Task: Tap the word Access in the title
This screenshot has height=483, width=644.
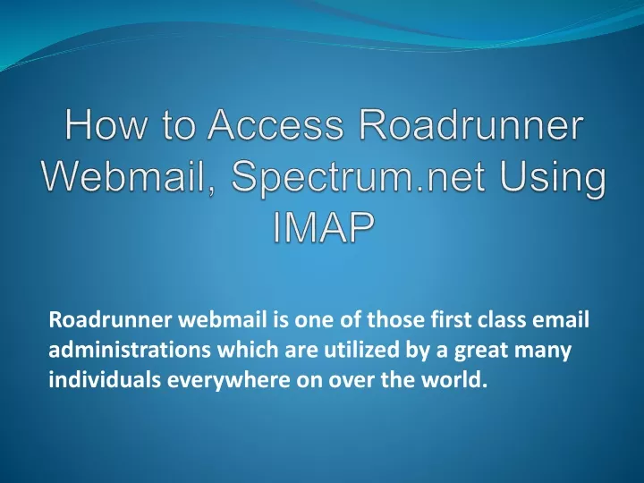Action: point(275,124)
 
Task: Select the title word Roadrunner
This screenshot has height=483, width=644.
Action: point(471,124)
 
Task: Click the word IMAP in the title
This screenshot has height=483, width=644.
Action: point(324,227)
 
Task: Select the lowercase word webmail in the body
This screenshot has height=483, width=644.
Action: point(223,319)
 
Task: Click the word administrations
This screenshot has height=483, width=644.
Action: point(130,350)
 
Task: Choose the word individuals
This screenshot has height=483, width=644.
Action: point(105,379)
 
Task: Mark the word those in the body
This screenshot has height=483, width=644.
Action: point(395,319)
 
